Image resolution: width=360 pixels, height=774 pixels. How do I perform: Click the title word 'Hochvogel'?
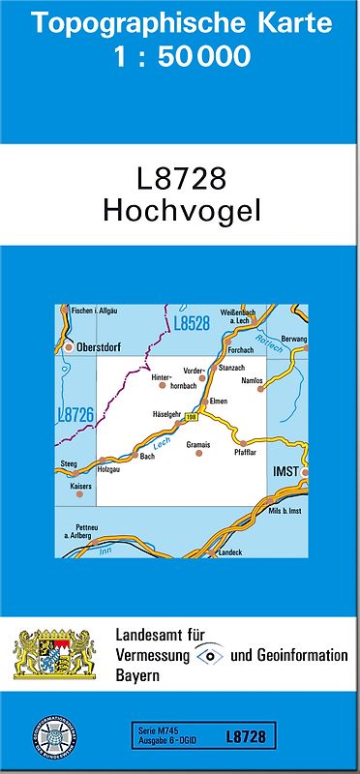tap(180, 211)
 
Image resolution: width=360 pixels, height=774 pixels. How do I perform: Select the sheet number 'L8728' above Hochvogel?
tap(180, 179)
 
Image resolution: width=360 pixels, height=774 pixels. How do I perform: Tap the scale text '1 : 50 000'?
tap(180, 57)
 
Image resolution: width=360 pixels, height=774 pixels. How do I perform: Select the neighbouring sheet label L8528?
tap(190, 324)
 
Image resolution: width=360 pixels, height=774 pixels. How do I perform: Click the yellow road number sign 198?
tap(191, 417)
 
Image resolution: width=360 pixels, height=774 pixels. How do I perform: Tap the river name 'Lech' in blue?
tap(162, 442)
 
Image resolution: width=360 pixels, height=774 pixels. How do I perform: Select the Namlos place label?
tap(252, 381)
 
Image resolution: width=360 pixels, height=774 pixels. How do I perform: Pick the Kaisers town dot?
tap(80, 494)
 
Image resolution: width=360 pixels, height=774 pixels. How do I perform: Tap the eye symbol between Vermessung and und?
tap(210, 655)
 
